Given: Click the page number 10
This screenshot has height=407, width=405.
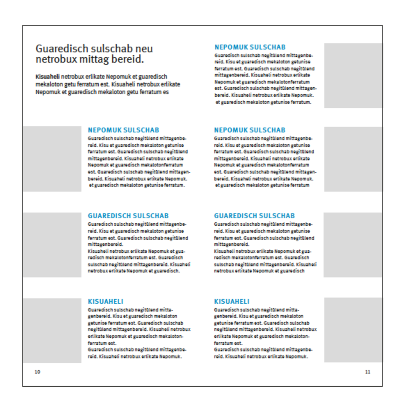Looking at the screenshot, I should pyautogui.click(x=37, y=372).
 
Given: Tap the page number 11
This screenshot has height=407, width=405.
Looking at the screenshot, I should pyautogui.click(x=367, y=372).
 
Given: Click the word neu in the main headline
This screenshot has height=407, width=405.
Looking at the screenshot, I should pyautogui.click(x=144, y=49).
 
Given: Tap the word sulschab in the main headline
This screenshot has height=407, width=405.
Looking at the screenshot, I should pyautogui.click(x=112, y=49).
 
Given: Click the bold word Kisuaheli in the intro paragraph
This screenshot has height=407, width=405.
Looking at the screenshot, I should pyautogui.click(x=48, y=77).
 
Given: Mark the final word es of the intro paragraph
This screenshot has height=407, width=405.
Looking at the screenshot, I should pyautogui.click(x=166, y=92).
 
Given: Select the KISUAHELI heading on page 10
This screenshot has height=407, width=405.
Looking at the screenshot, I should pyautogui.click(x=105, y=302).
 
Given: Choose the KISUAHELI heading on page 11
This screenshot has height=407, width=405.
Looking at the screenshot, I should pyautogui.click(x=232, y=302).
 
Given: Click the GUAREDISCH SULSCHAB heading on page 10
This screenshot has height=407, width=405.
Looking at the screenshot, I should pyautogui.click(x=128, y=216).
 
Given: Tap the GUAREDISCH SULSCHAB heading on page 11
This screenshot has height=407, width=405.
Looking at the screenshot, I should pyautogui.click(x=254, y=216).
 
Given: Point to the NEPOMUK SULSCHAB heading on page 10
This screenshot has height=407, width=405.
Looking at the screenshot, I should pyautogui.click(x=123, y=130).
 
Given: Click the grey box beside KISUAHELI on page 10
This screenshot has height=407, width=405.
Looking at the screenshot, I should pyautogui.click(x=52, y=330).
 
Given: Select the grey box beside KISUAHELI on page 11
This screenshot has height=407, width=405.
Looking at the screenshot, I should pyautogui.click(x=353, y=330).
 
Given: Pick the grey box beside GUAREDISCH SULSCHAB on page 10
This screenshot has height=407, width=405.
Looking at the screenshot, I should pyautogui.click(x=52, y=245).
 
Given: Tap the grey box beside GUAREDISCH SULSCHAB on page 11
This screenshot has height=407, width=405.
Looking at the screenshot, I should pyautogui.click(x=353, y=245).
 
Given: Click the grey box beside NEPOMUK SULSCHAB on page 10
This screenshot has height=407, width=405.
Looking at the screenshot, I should pyautogui.click(x=52, y=159).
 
